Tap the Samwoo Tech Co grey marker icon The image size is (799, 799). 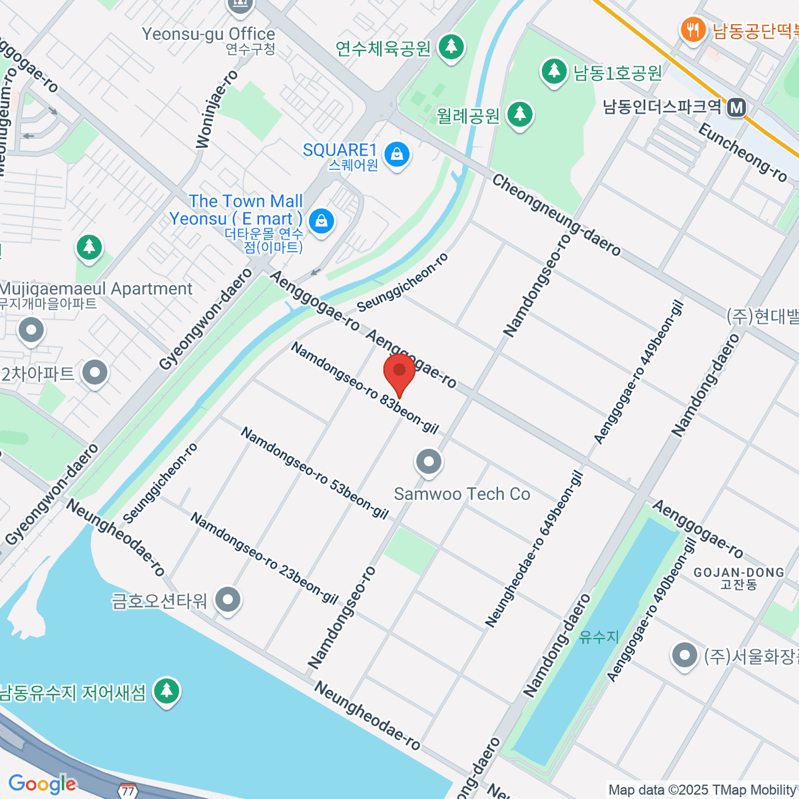[429, 461]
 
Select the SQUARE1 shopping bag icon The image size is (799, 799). [398, 154]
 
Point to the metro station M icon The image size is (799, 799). [736, 107]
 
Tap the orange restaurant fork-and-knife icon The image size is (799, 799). [693, 29]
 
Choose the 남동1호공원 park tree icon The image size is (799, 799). [553, 71]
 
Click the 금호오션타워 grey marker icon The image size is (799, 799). [228, 599]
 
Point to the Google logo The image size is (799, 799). [41, 784]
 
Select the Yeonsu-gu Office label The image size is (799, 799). [208, 34]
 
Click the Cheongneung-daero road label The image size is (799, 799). [556, 214]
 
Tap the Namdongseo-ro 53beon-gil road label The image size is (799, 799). [314, 473]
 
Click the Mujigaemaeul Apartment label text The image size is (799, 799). [97, 289]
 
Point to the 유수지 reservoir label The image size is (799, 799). [599, 637]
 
